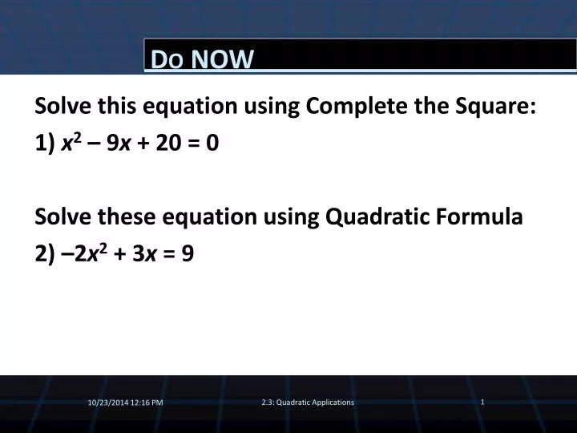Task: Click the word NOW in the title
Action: (x=222, y=59)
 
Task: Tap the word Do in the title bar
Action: (x=167, y=59)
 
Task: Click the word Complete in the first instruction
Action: (x=356, y=106)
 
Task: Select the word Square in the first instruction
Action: (x=495, y=106)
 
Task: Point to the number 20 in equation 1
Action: (x=168, y=143)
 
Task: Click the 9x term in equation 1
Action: (x=119, y=143)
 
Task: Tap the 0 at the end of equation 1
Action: (x=212, y=143)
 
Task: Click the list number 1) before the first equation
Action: (x=45, y=144)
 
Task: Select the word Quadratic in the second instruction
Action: (x=377, y=216)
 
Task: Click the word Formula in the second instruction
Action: (x=479, y=216)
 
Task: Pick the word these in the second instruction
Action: (x=127, y=216)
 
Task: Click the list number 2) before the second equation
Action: (x=45, y=254)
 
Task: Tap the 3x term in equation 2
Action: (x=144, y=253)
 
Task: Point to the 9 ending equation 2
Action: (x=188, y=253)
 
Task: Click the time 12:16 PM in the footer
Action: (x=147, y=403)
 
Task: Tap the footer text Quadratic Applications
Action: (x=315, y=403)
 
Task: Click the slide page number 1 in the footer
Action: (x=482, y=402)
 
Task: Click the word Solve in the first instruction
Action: (x=63, y=106)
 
